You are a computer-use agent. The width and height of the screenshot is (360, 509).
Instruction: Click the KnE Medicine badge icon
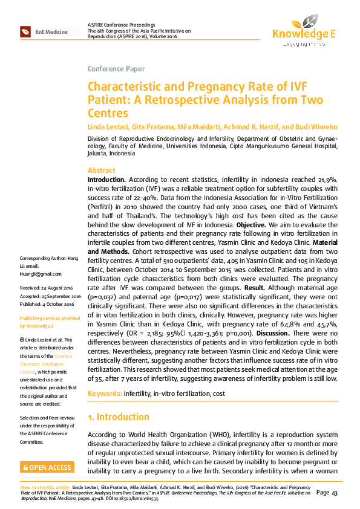(25, 31)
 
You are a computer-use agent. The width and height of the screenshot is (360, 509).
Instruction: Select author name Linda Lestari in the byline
(109, 126)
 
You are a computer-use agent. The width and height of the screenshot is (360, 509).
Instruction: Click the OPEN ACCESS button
(46, 467)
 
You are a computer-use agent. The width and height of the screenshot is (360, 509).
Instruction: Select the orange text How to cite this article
(45, 487)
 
